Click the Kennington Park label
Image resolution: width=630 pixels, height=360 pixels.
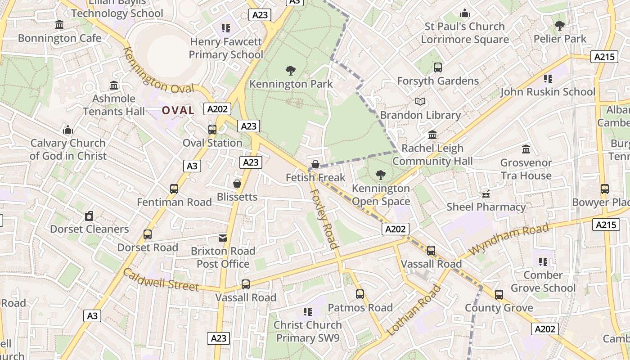291,84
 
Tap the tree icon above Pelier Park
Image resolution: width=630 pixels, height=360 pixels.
560,26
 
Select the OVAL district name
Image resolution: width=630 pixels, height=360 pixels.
178,110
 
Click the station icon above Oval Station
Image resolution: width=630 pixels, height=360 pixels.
212,130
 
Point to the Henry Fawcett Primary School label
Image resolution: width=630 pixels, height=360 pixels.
226,48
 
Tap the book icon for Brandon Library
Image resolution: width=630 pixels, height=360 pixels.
420,102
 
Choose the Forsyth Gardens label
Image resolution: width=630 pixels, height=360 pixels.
438,81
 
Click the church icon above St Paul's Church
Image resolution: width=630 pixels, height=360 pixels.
465,13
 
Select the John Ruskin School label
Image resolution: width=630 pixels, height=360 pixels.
548,92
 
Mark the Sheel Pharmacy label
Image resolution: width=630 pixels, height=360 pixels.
486,207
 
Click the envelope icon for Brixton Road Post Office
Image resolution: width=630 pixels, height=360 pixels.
223,238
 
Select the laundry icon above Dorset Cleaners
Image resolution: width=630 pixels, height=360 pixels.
89,216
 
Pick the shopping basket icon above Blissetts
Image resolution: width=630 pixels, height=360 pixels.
237,184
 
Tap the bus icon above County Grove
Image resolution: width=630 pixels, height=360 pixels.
499,295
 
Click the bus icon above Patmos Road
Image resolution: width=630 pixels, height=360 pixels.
360,294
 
